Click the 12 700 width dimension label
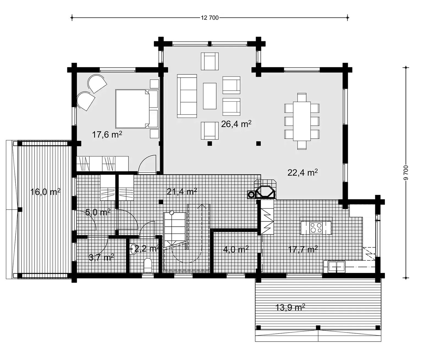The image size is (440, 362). (210, 18)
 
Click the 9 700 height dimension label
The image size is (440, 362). (406, 172)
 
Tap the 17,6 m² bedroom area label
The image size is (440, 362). (107, 135)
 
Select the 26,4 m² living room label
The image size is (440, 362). (236, 124)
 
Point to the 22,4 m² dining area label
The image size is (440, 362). (302, 172)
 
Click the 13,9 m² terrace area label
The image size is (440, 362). (290, 307)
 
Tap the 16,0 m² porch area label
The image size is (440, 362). (45, 192)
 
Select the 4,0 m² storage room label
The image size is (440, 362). (236, 249)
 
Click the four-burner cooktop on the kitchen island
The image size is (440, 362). (316, 228)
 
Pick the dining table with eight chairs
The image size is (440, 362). (302, 121)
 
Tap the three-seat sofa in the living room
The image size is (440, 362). (187, 96)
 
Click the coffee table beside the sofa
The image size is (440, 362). (210, 96)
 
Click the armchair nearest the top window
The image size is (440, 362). (210, 61)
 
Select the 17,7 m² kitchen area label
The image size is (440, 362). (303, 249)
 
